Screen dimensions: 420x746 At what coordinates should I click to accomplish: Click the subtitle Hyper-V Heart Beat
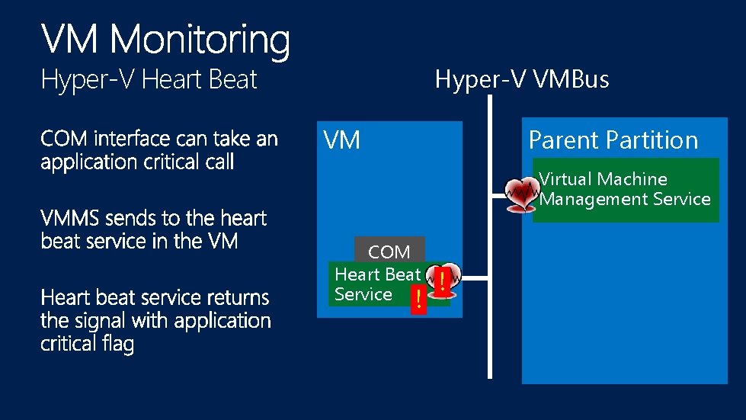click(149, 80)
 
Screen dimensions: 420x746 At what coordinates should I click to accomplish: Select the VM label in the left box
click(342, 140)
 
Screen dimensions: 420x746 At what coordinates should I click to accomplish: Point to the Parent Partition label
click(613, 140)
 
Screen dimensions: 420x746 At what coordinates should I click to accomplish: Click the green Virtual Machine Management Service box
click(626, 190)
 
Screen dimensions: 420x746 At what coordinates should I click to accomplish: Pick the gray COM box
click(389, 251)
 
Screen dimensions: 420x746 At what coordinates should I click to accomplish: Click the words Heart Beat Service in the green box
click(376, 284)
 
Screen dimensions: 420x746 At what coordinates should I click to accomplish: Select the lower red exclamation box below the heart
click(416, 300)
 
